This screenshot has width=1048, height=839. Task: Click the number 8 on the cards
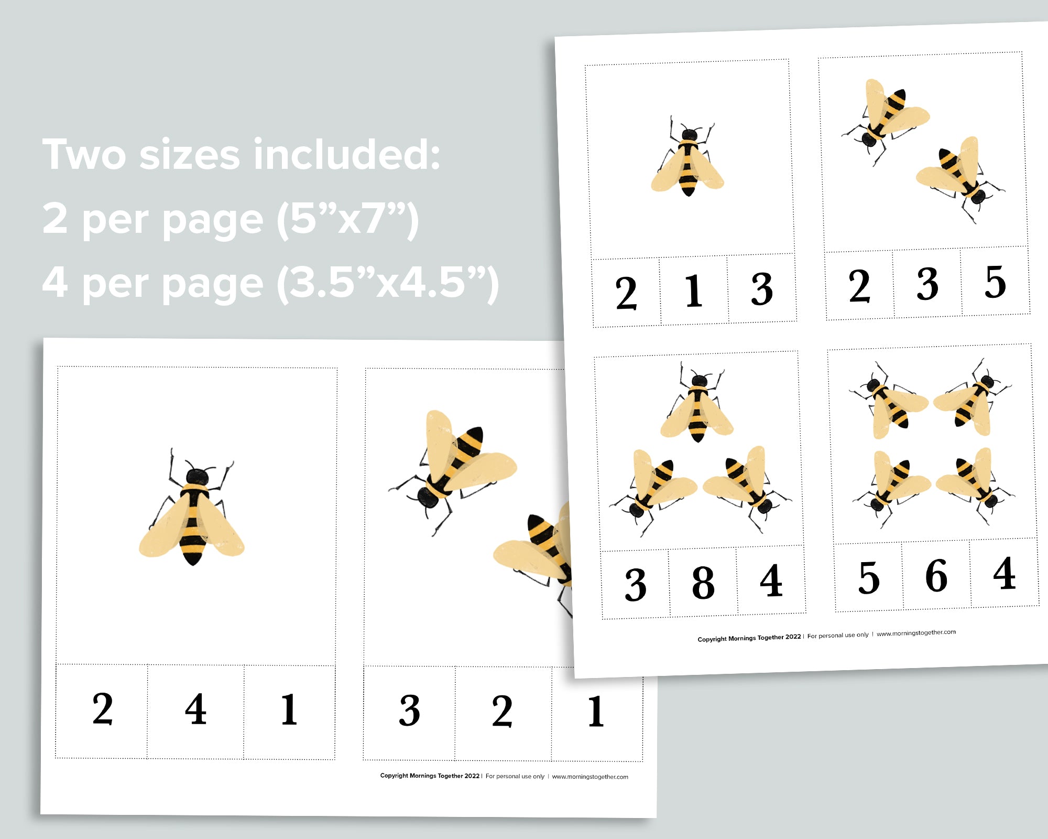tap(703, 583)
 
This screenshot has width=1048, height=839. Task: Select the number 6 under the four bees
tap(936, 576)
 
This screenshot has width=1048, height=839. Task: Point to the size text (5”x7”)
tap(348, 219)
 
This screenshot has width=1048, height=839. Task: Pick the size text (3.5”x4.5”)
tap(388, 283)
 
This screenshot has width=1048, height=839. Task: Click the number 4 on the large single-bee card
tap(195, 709)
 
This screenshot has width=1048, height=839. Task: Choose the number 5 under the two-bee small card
tap(995, 282)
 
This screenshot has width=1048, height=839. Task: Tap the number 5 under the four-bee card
tap(869, 578)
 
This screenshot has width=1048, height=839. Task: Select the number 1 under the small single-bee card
tap(694, 291)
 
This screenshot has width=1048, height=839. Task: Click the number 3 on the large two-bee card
tap(409, 711)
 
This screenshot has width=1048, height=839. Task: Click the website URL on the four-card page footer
tap(916, 633)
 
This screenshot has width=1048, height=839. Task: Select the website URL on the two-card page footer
tap(590, 777)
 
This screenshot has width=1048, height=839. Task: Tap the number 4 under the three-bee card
tap(771, 581)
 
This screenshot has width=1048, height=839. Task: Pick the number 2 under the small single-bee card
tap(626, 293)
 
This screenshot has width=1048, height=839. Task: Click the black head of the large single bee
tap(197, 477)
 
